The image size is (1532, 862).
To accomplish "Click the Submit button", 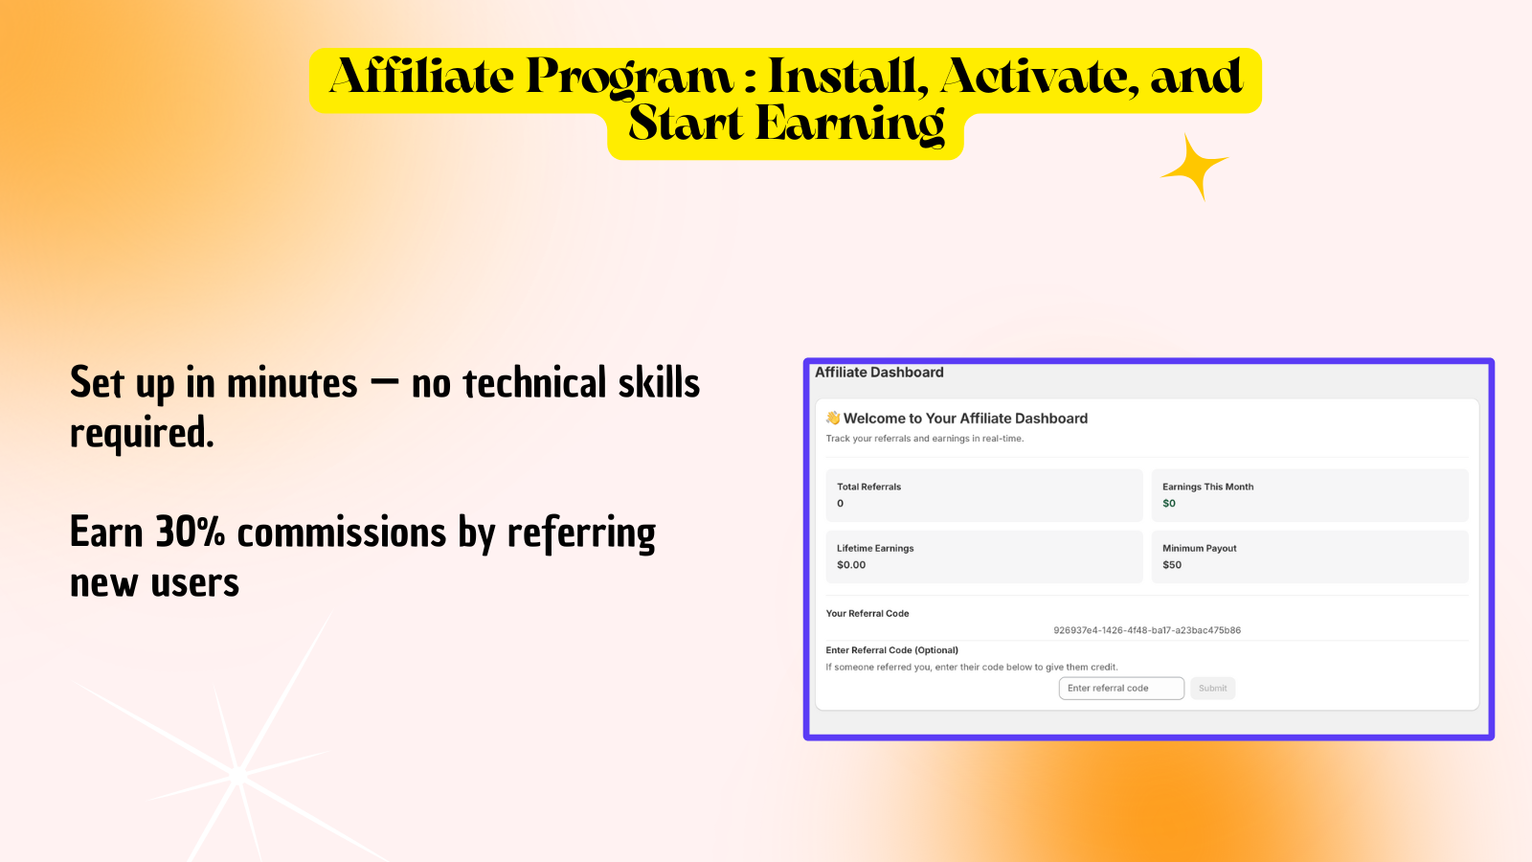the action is click(1212, 689).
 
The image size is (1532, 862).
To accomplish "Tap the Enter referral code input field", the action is click(1121, 689).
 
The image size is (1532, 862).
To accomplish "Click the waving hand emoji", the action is click(832, 418).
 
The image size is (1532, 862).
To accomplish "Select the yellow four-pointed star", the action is click(1195, 167).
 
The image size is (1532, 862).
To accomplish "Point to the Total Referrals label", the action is click(868, 488).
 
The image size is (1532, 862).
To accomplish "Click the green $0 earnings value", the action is click(1169, 504).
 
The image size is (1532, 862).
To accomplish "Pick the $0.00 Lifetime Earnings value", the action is click(851, 565).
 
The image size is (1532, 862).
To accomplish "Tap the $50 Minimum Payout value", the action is click(1172, 565).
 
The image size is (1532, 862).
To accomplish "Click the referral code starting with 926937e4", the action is click(1147, 630).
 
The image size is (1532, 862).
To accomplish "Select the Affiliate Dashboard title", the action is click(879, 373).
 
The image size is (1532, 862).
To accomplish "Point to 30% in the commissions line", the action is click(191, 533).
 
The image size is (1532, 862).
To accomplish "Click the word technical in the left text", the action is click(535, 383).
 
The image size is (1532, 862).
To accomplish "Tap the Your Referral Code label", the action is click(867, 614).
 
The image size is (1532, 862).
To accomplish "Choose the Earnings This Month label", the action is click(1207, 488).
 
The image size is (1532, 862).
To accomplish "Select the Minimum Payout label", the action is click(1200, 549).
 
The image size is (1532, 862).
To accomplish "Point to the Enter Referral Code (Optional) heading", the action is click(891, 650).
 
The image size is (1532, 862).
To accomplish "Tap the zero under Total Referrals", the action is click(841, 504).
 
